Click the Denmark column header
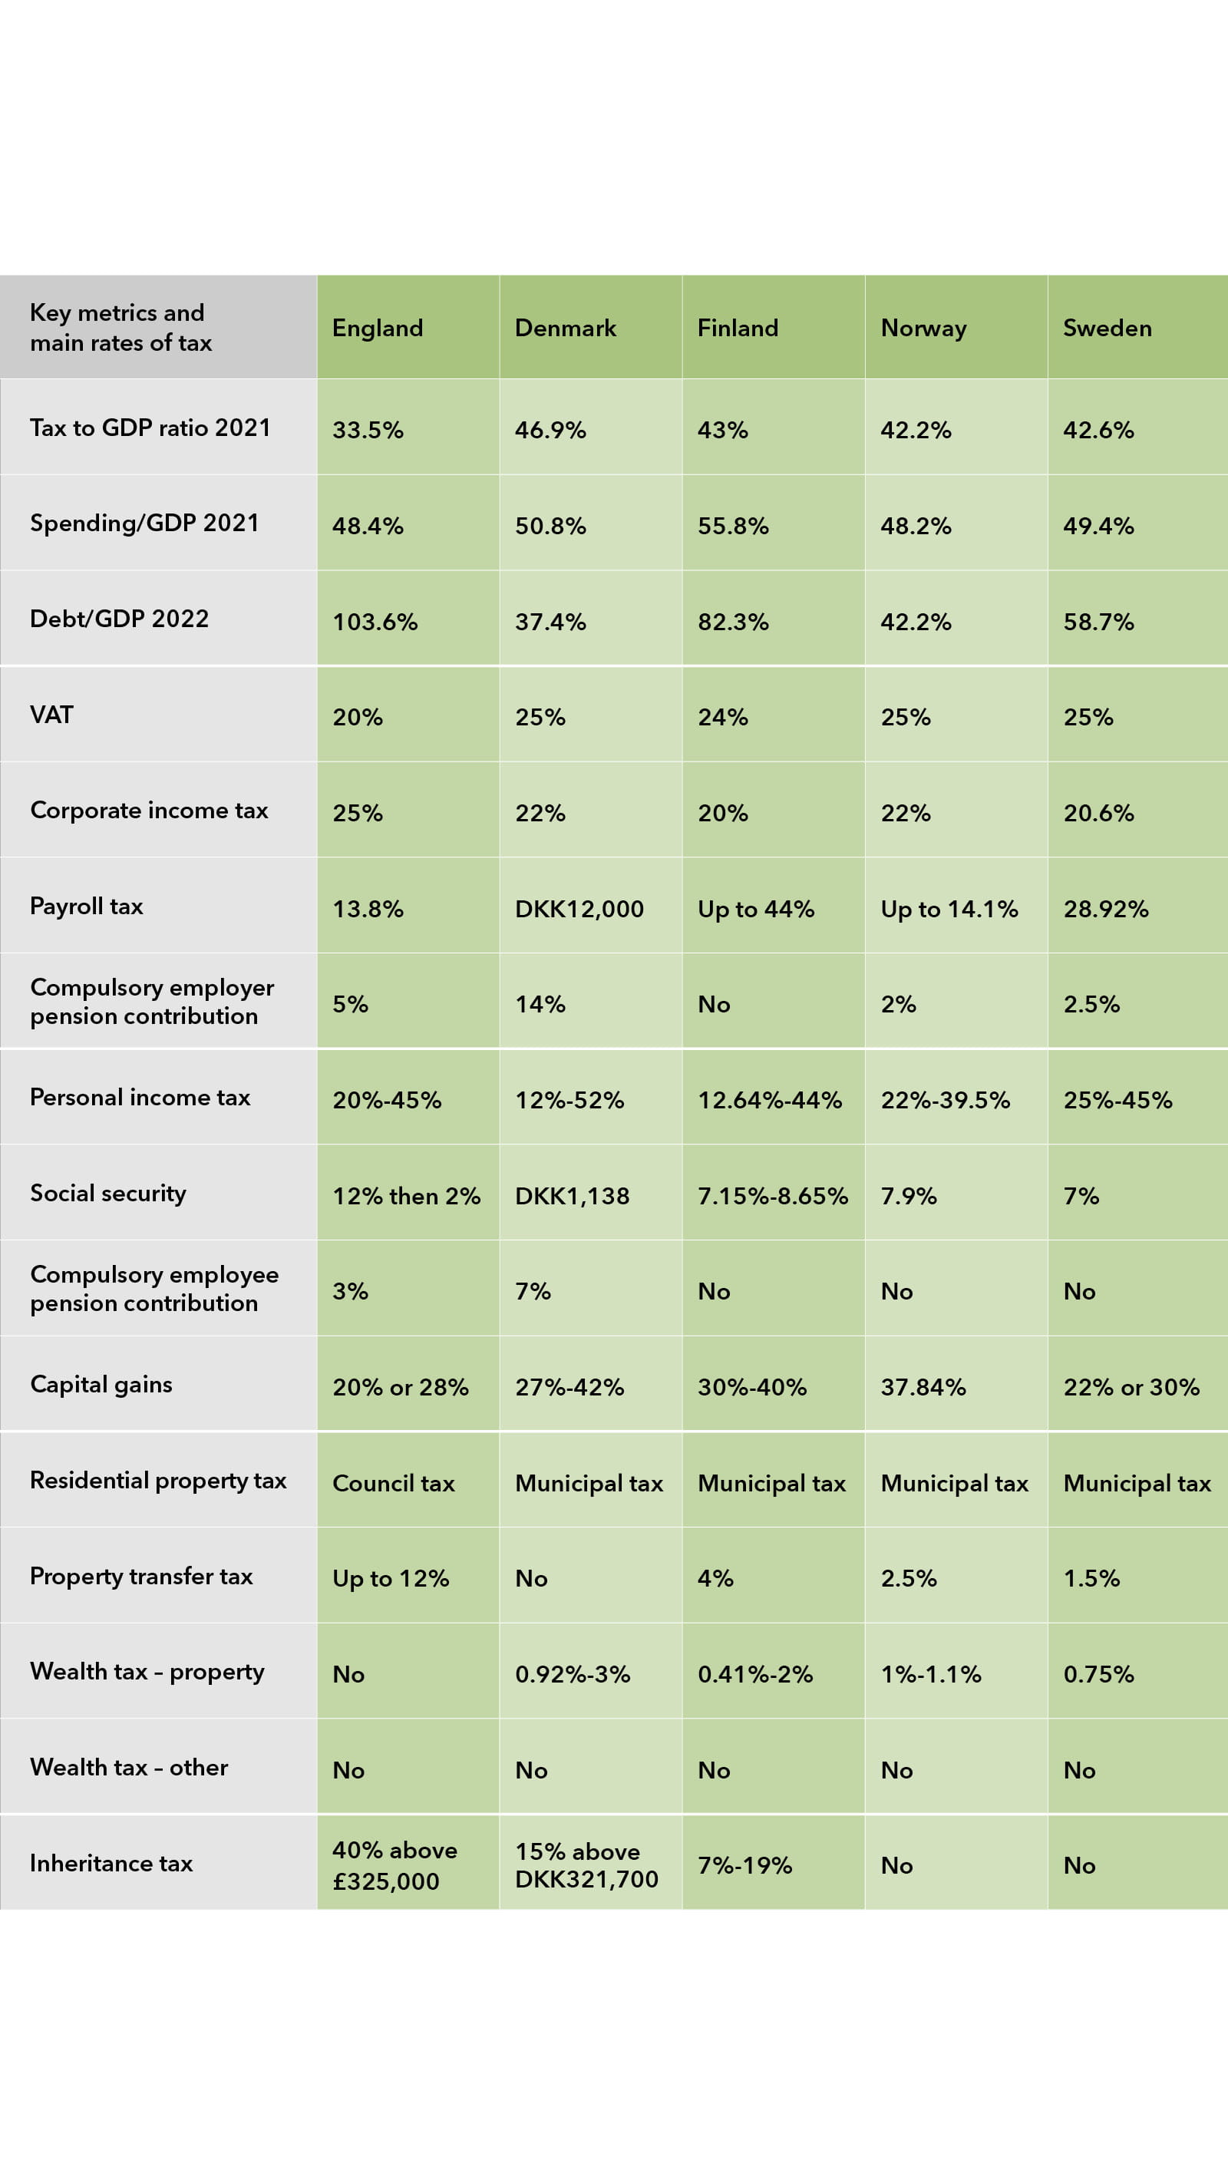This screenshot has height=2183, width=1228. (x=566, y=328)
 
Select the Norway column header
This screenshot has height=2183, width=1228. (x=923, y=328)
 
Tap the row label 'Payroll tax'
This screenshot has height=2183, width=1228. (x=87, y=906)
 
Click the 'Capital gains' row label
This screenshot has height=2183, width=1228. (x=101, y=1384)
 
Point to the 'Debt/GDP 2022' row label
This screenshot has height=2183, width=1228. (x=120, y=619)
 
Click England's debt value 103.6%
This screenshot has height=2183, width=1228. (x=375, y=622)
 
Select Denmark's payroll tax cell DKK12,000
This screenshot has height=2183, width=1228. (x=579, y=910)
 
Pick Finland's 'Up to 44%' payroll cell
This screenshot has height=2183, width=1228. (x=755, y=910)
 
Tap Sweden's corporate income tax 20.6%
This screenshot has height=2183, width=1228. (x=1098, y=814)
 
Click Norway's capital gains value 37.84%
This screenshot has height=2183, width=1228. (x=923, y=1387)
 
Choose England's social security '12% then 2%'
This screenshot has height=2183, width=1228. (x=406, y=1196)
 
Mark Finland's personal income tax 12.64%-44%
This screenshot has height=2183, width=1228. (x=770, y=1100)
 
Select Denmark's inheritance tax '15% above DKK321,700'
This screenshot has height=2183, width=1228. (x=586, y=1865)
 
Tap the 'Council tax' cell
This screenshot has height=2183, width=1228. (x=393, y=1483)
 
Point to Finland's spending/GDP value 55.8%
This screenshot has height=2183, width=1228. (x=733, y=527)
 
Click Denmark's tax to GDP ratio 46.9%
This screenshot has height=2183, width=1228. (x=550, y=431)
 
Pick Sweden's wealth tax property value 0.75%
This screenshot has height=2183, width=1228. (x=1098, y=1675)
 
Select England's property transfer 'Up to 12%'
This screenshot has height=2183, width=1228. (x=391, y=1579)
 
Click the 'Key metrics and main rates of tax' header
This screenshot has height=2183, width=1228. (x=120, y=327)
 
